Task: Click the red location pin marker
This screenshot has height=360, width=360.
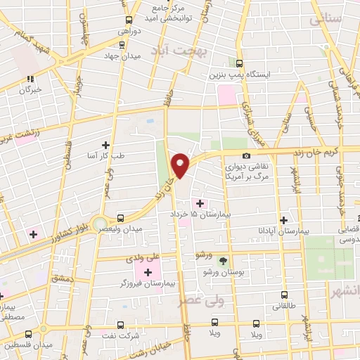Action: pos(181,164)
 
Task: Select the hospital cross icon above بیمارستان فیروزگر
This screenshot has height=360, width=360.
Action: pos(148,272)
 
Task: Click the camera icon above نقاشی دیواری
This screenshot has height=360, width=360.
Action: pos(245,155)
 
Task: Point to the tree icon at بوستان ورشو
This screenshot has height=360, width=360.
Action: pos(224,261)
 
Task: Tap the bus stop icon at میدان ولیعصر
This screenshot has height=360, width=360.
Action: pos(120,218)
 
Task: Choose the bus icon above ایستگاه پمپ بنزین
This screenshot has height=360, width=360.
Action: pos(239,63)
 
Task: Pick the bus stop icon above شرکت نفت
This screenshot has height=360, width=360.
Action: pos(120,325)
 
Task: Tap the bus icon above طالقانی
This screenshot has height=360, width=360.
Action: pos(284,295)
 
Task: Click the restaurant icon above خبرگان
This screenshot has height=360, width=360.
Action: pos(30,79)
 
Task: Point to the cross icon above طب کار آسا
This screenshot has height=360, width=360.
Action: pos(105,144)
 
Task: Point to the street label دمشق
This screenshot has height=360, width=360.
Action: pos(62,278)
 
